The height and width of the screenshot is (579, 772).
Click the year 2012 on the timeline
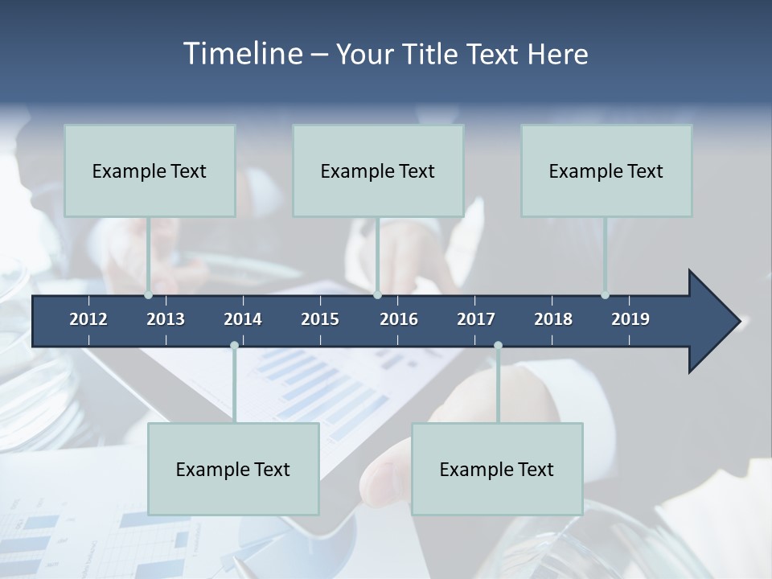(x=88, y=319)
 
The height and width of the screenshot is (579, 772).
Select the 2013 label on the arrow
(x=166, y=319)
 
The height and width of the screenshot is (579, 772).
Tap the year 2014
(x=243, y=319)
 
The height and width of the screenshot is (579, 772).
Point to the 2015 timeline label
(x=320, y=319)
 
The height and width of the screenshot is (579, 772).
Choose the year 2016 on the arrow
(x=399, y=319)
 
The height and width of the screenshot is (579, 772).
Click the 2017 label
(x=476, y=319)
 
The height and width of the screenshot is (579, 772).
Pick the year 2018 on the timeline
(x=553, y=319)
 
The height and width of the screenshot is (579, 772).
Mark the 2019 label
(x=630, y=319)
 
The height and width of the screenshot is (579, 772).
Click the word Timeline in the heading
(x=241, y=54)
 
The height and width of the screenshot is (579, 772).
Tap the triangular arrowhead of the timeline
(x=712, y=322)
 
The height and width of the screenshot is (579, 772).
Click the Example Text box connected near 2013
(x=150, y=170)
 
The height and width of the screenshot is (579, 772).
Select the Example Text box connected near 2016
(x=378, y=170)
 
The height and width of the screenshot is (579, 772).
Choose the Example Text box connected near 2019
(x=606, y=170)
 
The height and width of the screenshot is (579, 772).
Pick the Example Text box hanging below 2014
(x=233, y=469)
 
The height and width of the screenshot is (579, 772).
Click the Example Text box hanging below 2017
(x=497, y=469)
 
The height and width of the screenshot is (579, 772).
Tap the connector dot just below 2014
(x=234, y=346)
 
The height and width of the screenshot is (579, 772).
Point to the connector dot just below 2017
(x=498, y=346)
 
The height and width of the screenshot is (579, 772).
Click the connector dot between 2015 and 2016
(x=377, y=295)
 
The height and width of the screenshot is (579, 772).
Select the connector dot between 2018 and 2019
(x=605, y=295)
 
